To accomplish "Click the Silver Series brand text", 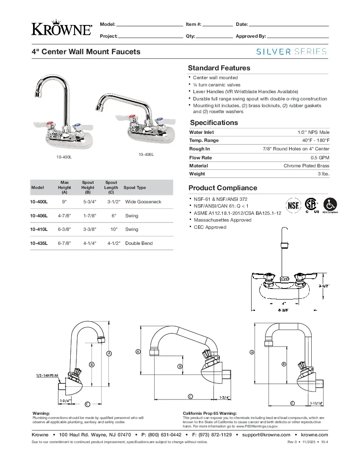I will [291, 52].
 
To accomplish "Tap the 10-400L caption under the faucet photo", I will [64, 157].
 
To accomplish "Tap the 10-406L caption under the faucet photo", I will [146, 154].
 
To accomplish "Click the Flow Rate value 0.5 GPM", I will [320, 158].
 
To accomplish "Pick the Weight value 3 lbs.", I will [324, 174].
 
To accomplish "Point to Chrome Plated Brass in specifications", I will [306, 166].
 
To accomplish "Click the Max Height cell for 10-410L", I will [64, 229].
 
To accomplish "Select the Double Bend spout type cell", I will [139, 243].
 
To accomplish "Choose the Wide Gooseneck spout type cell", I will [143, 202].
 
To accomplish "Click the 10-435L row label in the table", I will [39, 243].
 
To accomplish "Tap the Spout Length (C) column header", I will [111, 187].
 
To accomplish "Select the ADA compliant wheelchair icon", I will [330, 204].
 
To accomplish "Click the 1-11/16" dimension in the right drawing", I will [316, 403].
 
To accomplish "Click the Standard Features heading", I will [219, 68].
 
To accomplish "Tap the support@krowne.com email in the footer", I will [266, 435].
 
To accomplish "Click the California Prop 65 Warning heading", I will [209, 413].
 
